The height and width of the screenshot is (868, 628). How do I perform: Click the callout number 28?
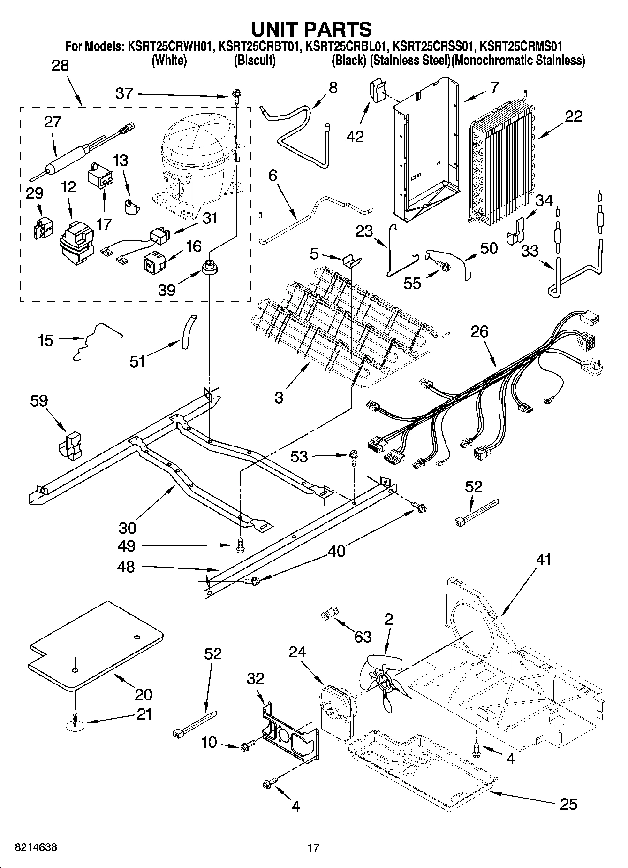coord(60,66)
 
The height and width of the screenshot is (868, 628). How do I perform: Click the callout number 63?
coord(363,637)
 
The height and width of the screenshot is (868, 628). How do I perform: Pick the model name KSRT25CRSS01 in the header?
coord(431,46)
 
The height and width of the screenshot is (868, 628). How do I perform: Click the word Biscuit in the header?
coord(255,61)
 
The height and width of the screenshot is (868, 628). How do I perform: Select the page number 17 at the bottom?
coord(313,848)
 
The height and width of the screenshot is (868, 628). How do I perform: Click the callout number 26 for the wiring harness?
coord(480,331)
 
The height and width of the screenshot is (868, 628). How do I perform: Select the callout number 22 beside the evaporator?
coord(573,116)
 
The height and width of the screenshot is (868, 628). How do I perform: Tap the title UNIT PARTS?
coord(312,29)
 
